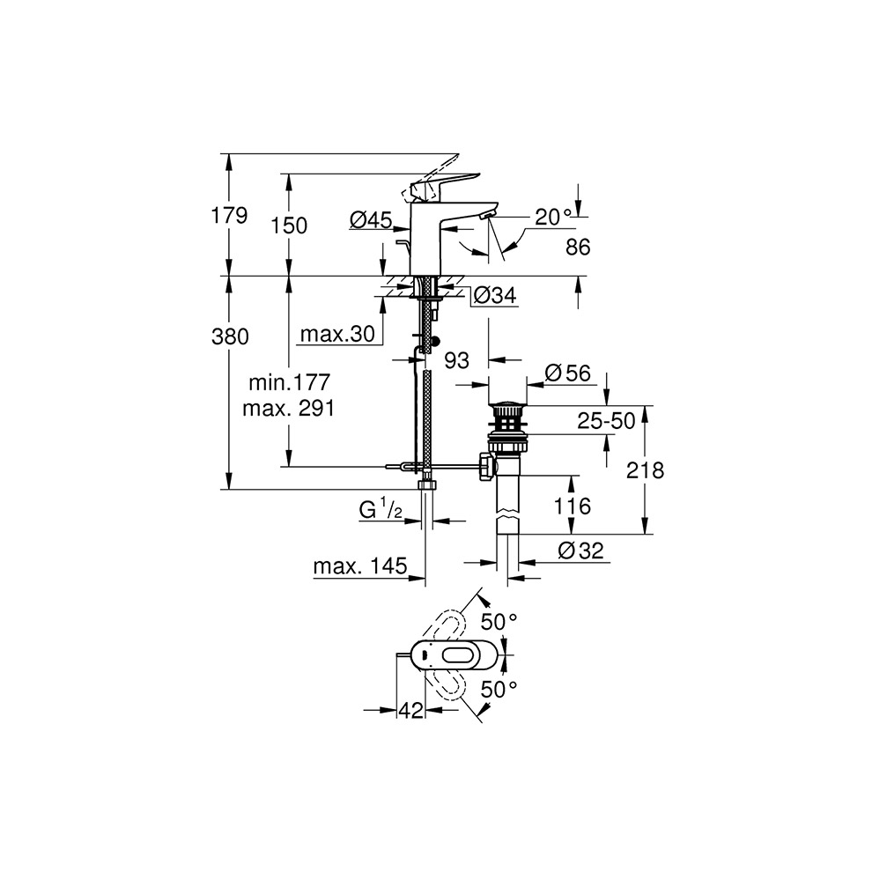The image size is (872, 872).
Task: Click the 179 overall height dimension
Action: (x=229, y=215)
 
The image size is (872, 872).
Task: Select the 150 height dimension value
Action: (x=289, y=225)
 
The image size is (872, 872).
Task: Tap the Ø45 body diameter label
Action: (x=371, y=219)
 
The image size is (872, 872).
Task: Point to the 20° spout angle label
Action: (x=553, y=217)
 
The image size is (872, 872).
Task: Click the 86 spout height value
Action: (x=578, y=247)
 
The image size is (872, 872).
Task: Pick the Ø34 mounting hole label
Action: (x=495, y=295)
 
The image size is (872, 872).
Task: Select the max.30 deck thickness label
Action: (x=337, y=334)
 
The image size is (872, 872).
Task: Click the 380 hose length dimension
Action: (x=230, y=336)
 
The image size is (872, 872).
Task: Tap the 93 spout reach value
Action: (x=456, y=360)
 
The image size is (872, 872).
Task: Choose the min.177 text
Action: (x=289, y=382)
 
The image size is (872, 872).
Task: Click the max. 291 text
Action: (x=289, y=409)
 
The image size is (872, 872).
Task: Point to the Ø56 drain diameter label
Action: (x=568, y=373)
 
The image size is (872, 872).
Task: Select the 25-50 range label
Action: (x=606, y=421)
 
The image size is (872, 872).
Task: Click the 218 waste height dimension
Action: (x=645, y=470)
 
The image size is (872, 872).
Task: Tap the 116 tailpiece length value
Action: (x=573, y=506)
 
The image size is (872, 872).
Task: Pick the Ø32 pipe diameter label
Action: (x=580, y=551)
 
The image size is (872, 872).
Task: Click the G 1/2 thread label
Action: (x=381, y=509)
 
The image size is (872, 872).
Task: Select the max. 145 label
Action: (x=360, y=566)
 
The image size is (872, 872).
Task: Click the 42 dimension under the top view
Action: (x=410, y=710)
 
